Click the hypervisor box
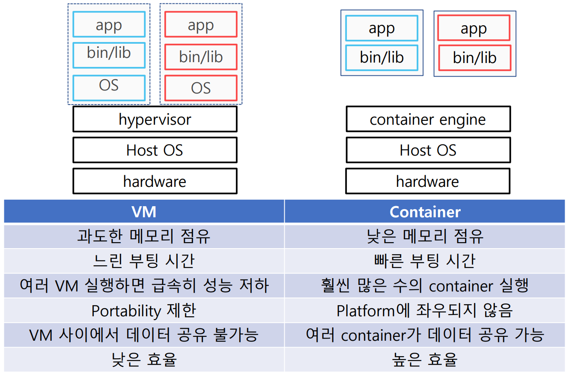point(155,119)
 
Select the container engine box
point(428,119)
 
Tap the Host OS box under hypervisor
point(155,150)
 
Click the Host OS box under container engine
point(428,150)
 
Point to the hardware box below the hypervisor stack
point(155,181)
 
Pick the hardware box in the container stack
point(428,181)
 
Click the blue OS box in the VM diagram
point(109,88)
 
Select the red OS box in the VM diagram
point(201,88)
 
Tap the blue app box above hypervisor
point(109,24)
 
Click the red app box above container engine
point(474,28)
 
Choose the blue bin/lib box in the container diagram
point(382,58)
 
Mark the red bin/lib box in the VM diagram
point(201,57)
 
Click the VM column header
point(144,211)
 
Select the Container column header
point(425,211)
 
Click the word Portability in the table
point(126,311)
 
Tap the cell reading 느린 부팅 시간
point(144,261)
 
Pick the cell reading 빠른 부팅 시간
point(425,261)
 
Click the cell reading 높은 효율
point(425,360)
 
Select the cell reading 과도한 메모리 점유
point(144,237)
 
